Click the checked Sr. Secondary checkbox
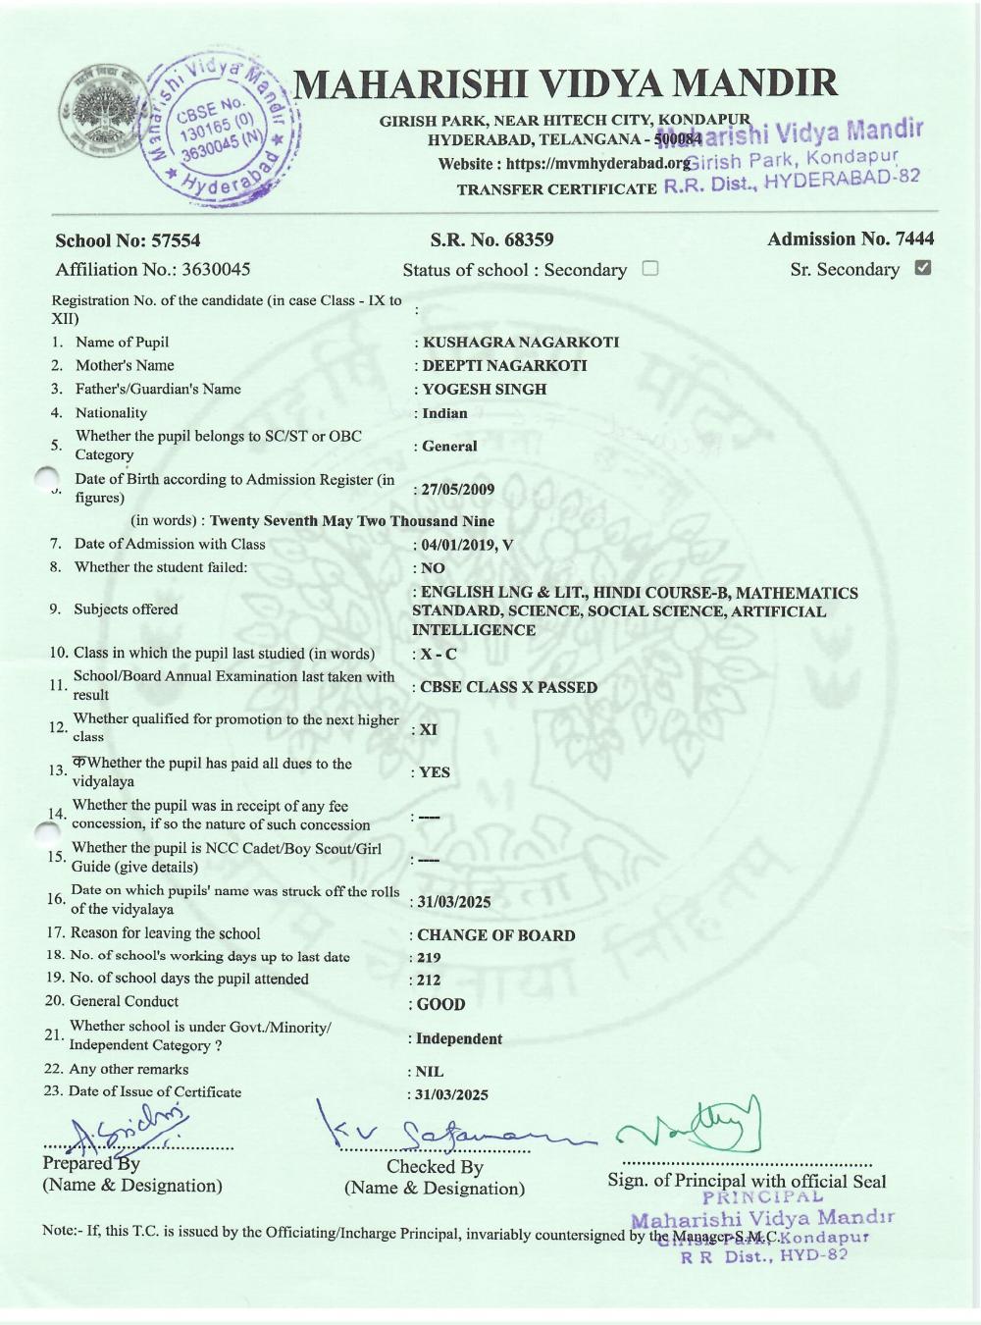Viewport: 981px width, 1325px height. pyautogui.click(x=922, y=268)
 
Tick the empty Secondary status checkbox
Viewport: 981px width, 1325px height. pyautogui.click(x=649, y=268)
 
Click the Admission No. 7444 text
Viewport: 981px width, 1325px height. pyautogui.click(x=851, y=238)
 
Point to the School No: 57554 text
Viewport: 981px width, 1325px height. pyautogui.click(x=128, y=240)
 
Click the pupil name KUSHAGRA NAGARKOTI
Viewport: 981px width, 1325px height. pyautogui.click(x=520, y=343)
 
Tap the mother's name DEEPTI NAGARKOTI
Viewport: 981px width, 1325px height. pyautogui.click(x=504, y=365)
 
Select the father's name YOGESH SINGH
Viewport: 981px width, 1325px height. pyautogui.click(x=484, y=389)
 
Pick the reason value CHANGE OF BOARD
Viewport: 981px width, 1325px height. pyautogui.click(x=496, y=935)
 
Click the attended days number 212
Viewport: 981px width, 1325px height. pyautogui.click(x=429, y=980)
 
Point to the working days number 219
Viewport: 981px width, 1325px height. pyautogui.click(x=429, y=957)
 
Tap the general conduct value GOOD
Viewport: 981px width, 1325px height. pyautogui.click(x=441, y=1004)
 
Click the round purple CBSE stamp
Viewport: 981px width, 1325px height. pyautogui.click(x=217, y=128)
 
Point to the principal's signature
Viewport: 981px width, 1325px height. pyautogui.click(x=692, y=1129)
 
